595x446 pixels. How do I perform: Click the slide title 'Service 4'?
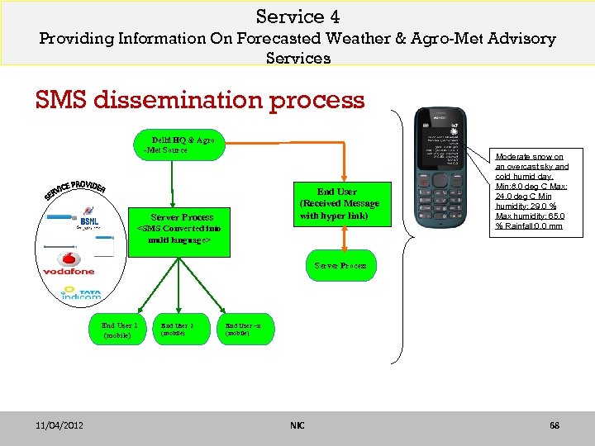(297, 17)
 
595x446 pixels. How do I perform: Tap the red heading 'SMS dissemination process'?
(200, 100)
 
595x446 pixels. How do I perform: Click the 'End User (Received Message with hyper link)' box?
(338, 204)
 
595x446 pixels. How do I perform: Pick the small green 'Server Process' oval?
(340, 266)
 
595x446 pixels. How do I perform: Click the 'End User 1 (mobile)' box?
(117, 329)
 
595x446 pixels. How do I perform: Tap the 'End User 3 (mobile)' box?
(177, 329)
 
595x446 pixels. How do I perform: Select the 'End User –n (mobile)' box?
(244, 329)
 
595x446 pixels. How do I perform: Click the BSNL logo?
(88, 221)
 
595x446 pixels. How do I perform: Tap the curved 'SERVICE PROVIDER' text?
(74, 189)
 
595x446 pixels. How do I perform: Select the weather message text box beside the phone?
(531, 191)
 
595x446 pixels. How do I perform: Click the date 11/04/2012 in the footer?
(60, 425)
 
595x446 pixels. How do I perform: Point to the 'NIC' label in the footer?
(297, 425)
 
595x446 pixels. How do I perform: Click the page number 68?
(555, 425)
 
